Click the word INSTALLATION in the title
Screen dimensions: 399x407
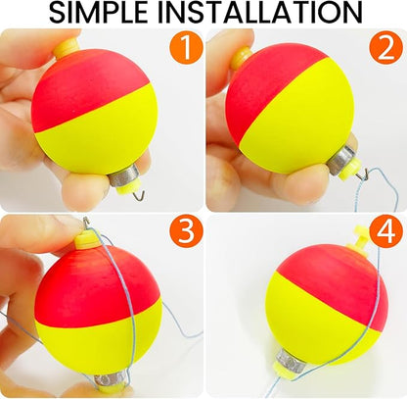268,14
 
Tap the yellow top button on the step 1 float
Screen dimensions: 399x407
68,46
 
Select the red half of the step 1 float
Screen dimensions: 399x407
83,88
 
